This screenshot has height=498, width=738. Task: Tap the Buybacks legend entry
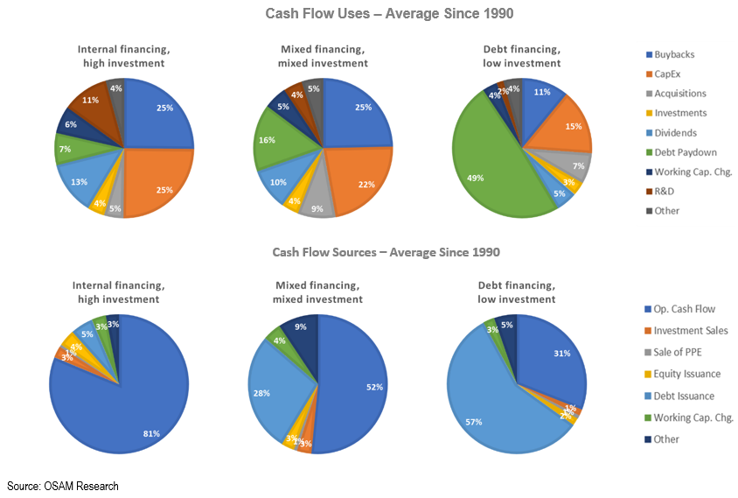pyautogui.click(x=673, y=54)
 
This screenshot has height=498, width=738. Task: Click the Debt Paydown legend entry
pyautogui.click(x=680, y=152)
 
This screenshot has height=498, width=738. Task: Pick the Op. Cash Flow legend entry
pyautogui.click(x=684, y=309)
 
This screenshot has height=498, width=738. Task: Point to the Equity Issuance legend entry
pyautogui.click(x=687, y=374)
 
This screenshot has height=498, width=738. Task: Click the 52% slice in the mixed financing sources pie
pyautogui.click(x=354, y=385)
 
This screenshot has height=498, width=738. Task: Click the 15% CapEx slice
pyautogui.click(x=565, y=126)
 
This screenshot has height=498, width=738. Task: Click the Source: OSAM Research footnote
pyautogui.click(x=63, y=486)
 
